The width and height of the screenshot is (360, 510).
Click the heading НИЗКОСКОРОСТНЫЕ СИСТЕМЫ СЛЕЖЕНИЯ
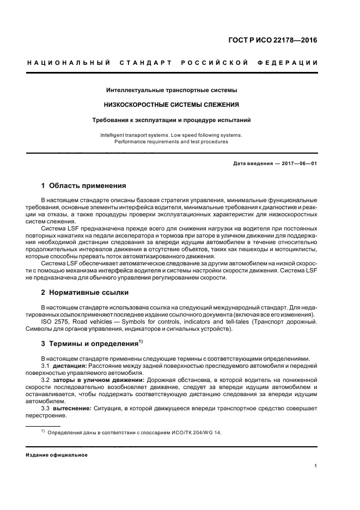172,104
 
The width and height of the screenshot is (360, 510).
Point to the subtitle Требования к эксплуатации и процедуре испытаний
172,119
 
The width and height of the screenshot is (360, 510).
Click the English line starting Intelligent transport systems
172,135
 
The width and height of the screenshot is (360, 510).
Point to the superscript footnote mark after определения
141,341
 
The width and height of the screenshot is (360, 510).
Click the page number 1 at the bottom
316,466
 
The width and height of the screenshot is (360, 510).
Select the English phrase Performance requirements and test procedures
172,142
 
